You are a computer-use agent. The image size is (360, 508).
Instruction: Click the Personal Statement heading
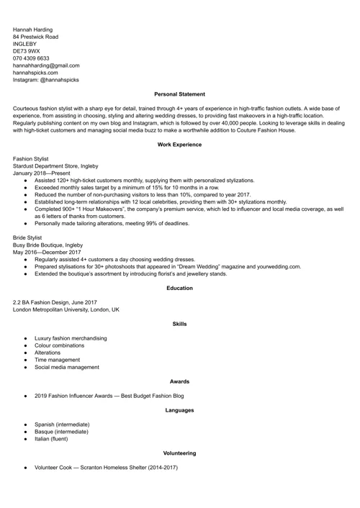coord(180,94)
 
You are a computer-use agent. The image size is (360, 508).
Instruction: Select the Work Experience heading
coord(180,145)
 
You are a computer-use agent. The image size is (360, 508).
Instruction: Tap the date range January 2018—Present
coord(41,173)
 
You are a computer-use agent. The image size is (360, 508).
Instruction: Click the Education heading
coord(180,288)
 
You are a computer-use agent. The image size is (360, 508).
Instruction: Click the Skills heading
coord(180,324)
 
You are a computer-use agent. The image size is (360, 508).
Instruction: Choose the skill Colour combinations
coord(63,345)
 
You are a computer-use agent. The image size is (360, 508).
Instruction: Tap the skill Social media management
coord(67,367)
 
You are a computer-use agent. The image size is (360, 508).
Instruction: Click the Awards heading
coord(180,381)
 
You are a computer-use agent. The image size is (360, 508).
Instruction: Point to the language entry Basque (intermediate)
coord(62,432)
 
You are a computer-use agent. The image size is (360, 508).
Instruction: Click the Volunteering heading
coord(180,453)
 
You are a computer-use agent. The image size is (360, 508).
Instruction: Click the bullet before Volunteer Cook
coord(25,468)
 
